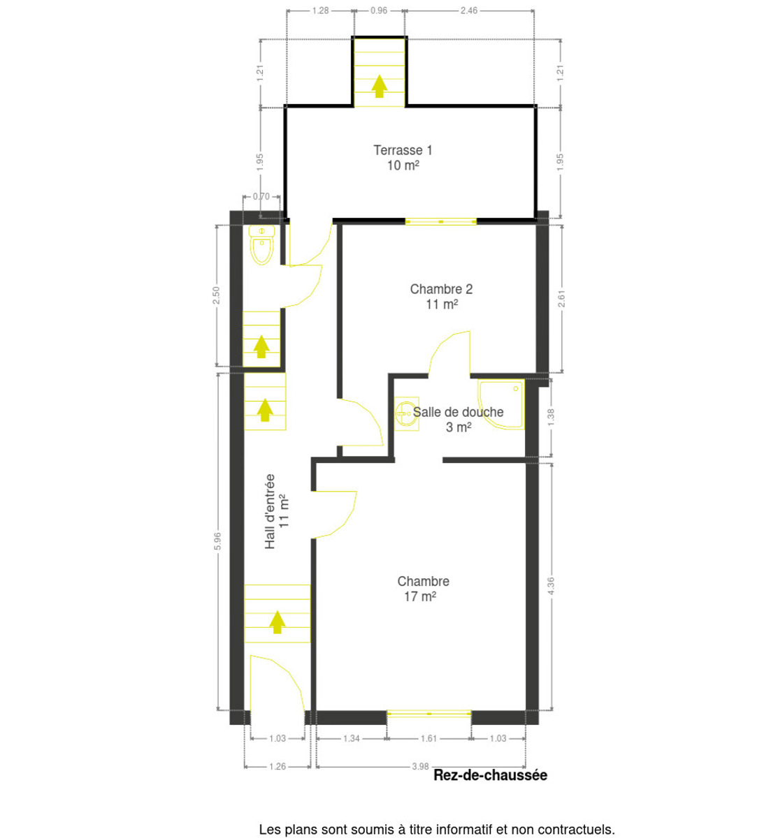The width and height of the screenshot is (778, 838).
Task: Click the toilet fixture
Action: click(x=261, y=244)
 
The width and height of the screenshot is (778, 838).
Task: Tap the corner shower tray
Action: click(x=501, y=404)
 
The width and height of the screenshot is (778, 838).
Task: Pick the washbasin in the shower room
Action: click(x=407, y=413)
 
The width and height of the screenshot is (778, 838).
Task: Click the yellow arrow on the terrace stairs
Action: click(x=380, y=86)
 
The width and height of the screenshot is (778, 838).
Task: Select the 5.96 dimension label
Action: click(x=217, y=541)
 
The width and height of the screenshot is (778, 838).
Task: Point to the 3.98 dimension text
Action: click(x=420, y=766)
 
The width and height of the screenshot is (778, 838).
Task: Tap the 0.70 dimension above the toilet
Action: click(x=261, y=196)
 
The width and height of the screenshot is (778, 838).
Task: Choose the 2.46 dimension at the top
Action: click(x=469, y=10)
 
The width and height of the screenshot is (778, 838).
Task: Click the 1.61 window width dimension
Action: click(x=428, y=738)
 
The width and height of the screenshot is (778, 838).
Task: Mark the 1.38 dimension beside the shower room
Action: click(x=550, y=418)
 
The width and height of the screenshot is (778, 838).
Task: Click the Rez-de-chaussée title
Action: click(x=491, y=775)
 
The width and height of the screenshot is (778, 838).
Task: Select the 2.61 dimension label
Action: click(x=561, y=299)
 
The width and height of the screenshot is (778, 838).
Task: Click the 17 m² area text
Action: click(x=420, y=596)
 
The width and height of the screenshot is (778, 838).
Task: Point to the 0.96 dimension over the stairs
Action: click(x=379, y=10)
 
